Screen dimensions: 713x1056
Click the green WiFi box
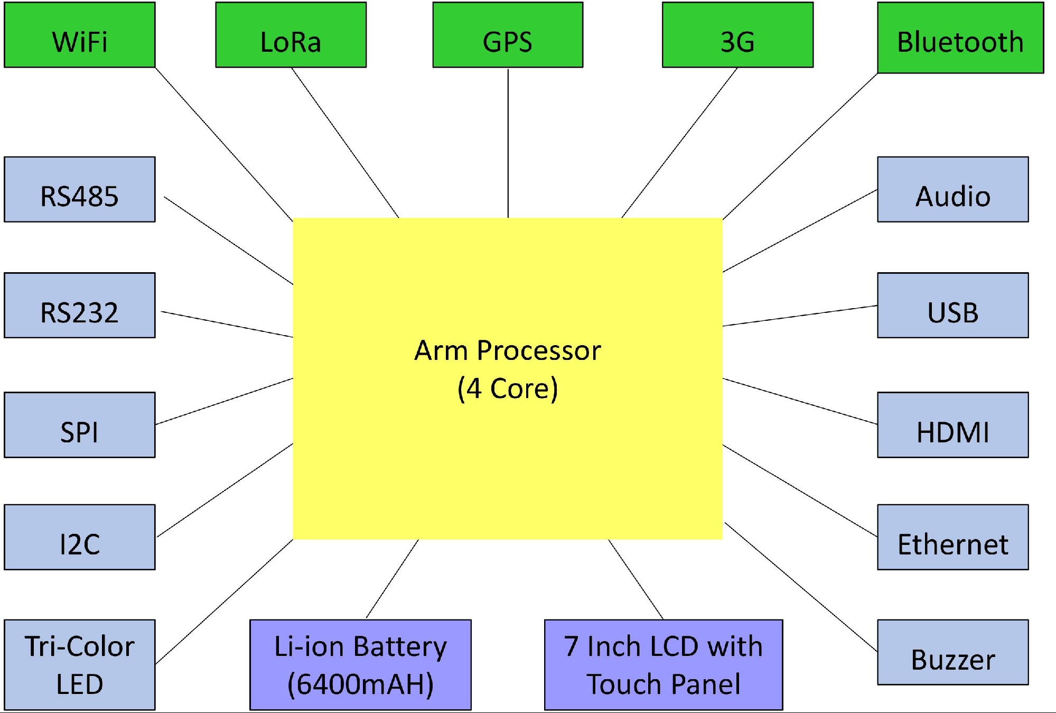coord(80,35)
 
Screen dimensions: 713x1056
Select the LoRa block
coord(291,35)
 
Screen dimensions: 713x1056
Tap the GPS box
coord(508,35)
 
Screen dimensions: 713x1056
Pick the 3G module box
coord(737,35)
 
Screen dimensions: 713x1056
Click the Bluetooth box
coord(960,38)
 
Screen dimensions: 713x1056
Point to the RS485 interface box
coord(80,189)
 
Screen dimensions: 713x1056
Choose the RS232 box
coord(80,305)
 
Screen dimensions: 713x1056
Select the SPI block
coord(80,424)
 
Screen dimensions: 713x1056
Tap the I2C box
coord(80,537)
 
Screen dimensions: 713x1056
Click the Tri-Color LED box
coord(80,664)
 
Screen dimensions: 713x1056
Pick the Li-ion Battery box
coord(360,664)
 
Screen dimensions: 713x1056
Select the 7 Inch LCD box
coord(663,664)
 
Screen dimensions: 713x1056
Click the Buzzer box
coord(952,652)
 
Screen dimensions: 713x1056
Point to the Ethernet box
coord(952,537)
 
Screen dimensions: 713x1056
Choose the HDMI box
coord(952,424)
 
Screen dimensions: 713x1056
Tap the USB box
coord(952,305)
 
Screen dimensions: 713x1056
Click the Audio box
coord(952,189)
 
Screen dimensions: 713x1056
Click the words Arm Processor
coord(507,350)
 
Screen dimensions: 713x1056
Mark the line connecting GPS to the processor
coord(508,143)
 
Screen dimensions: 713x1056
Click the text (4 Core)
coord(507,388)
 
